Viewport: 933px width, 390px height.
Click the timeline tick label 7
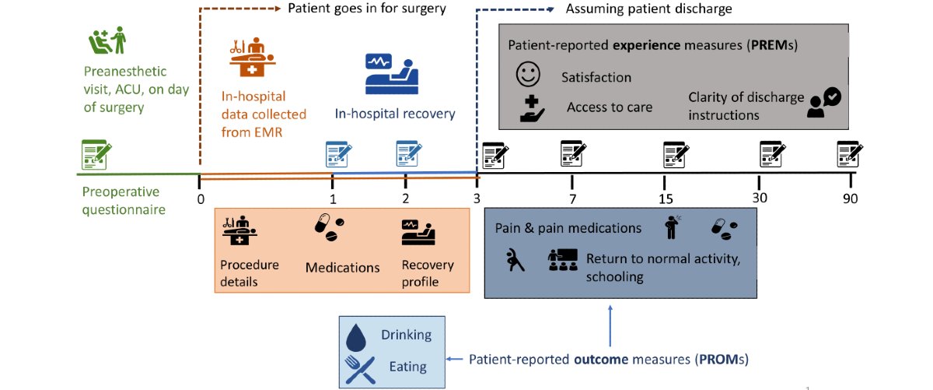(x=572, y=199)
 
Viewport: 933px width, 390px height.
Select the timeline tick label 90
(x=849, y=199)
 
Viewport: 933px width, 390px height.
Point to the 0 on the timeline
(x=200, y=199)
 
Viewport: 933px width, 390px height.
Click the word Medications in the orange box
(x=342, y=267)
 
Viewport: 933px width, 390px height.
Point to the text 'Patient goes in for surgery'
(x=367, y=9)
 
